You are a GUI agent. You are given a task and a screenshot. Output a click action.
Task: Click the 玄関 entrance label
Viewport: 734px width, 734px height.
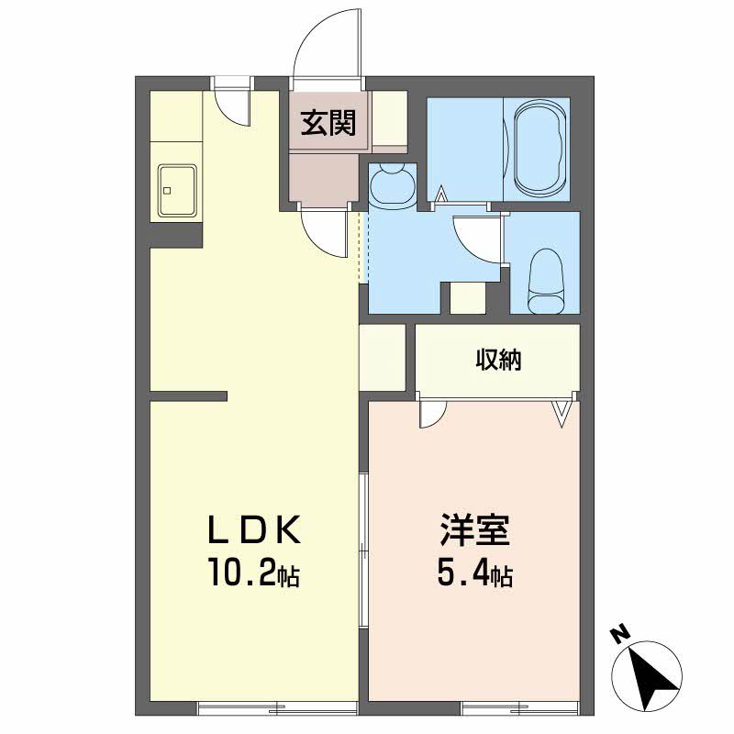(x=328, y=123)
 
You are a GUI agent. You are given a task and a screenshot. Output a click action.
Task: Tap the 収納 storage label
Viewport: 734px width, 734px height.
(x=498, y=360)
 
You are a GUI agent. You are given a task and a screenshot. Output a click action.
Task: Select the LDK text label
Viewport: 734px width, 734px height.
(x=254, y=529)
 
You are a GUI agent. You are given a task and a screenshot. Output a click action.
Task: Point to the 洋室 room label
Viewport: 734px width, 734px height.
(x=474, y=529)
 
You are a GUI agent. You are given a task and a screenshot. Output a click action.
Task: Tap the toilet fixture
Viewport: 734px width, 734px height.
(x=545, y=281)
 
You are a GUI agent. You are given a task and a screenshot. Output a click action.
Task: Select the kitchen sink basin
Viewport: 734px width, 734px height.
(x=177, y=191)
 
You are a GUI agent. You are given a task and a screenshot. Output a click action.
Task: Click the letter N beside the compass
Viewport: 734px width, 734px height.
(x=620, y=635)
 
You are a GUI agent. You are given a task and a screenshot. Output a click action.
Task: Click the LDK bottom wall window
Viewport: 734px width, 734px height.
(x=278, y=706)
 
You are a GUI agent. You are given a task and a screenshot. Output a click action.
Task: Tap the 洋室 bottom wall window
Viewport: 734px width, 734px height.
(x=519, y=706)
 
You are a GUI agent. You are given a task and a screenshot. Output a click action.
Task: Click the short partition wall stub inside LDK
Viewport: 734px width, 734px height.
(x=188, y=396)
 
